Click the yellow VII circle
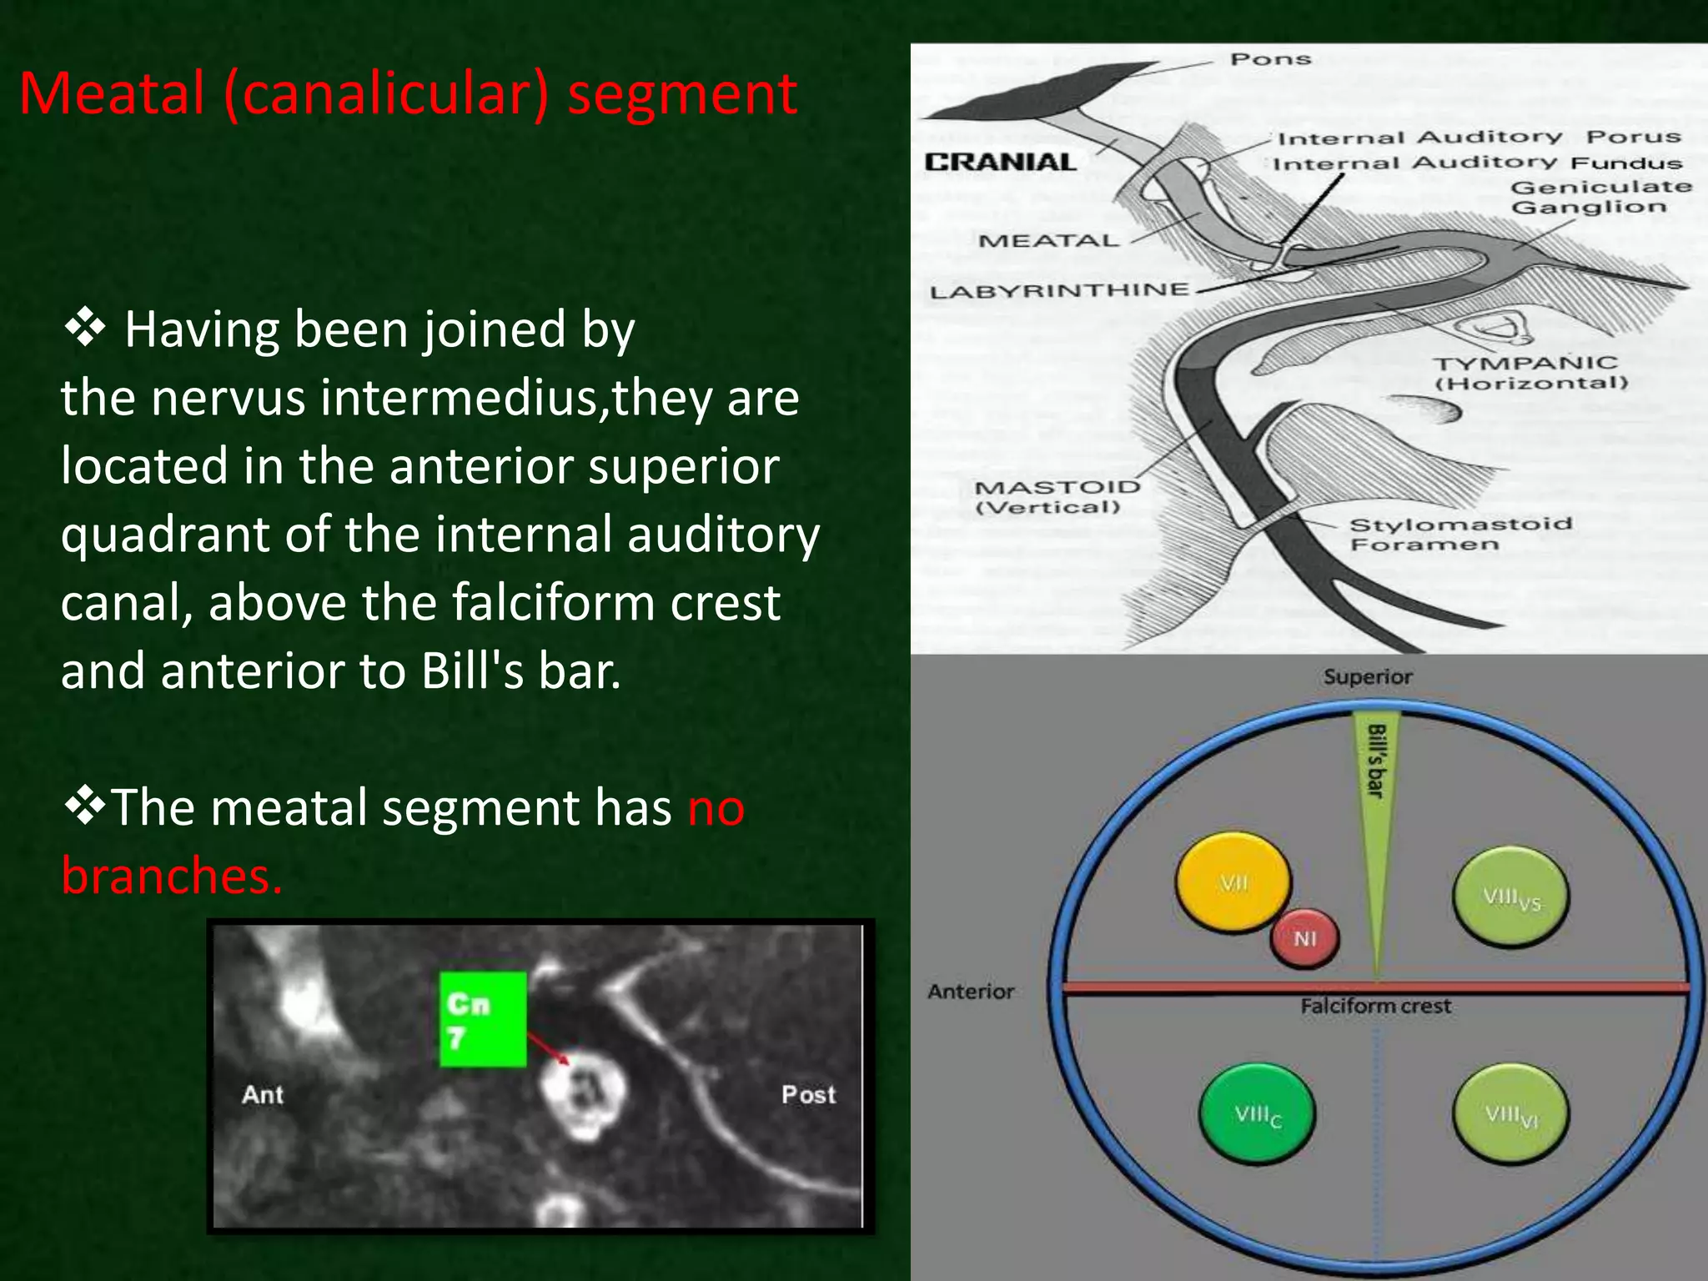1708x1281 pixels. [x=1233, y=882]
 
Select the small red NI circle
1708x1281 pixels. [x=1304, y=938]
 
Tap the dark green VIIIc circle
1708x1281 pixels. [x=1257, y=1114]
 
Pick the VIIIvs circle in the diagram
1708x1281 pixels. [x=1510, y=897]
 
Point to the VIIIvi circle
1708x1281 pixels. [x=1510, y=1114]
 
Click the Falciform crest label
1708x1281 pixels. [x=1375, y=1007]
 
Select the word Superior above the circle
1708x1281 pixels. [x=1368, y=676]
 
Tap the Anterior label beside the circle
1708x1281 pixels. [x=971, y=992]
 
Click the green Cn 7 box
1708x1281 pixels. [x=483, y=1019]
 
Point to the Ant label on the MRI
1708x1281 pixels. [x=263, y=1094]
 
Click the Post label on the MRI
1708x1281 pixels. [x=808, y=1094]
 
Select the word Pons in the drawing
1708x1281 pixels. [x=1270, y=59]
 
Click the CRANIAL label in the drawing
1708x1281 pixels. [x=1000, y=162]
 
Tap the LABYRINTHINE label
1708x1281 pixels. [x=1059, y=291]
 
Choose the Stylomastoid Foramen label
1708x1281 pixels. [x=1459, y=534]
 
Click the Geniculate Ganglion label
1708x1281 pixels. [x=1600, y=197]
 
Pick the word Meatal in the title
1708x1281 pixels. [x=112, y=93]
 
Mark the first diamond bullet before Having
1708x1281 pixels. [x=84, y=328]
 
